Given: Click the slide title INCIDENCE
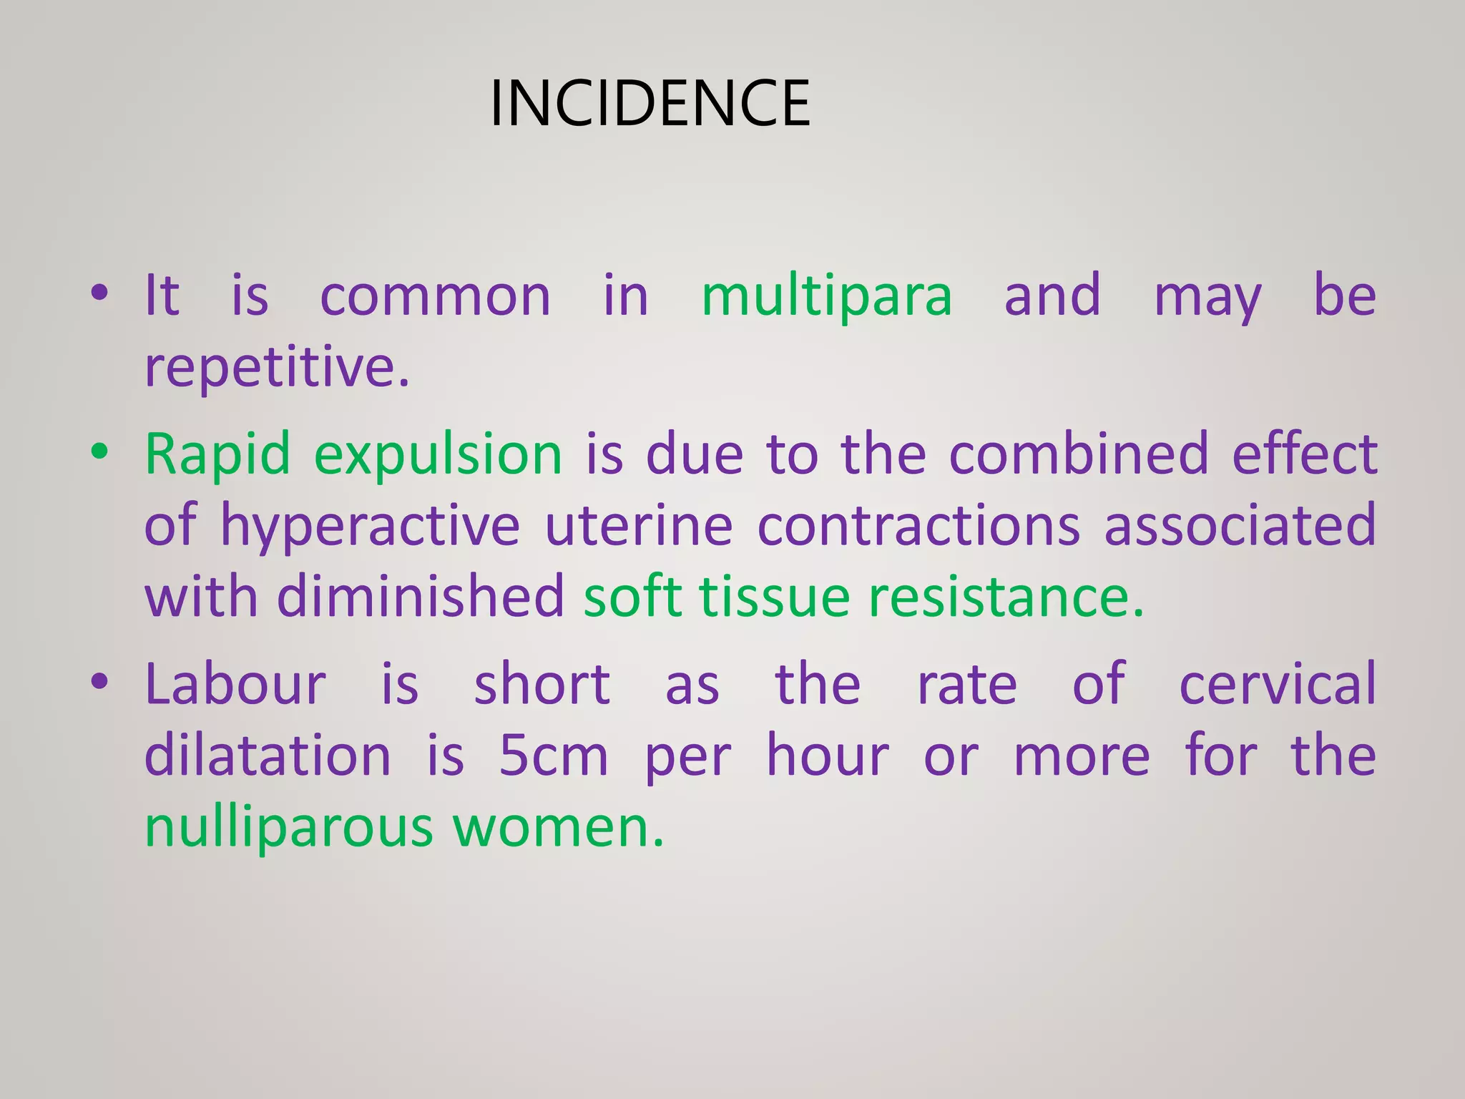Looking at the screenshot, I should [650, 104].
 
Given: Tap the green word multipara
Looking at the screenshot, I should [827, 295].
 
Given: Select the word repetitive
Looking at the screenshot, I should [277, 367].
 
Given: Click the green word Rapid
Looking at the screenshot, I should [218, 454].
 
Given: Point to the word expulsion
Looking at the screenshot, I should [438, 454].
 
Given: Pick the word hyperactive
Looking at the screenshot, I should [370, 526].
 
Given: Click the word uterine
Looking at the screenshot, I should [638, 526].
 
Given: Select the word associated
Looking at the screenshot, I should [1240, 526].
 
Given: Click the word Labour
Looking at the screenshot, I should [235, 685].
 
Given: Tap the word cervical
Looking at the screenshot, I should [1278, 685].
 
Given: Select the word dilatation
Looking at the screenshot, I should [268, 756].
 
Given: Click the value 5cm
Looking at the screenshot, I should [553, 756].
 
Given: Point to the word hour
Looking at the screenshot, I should [828, 756].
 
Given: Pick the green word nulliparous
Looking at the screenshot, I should [289, 828].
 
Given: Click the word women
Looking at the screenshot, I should [558, 828].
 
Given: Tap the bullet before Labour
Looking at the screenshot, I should [99, 681].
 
